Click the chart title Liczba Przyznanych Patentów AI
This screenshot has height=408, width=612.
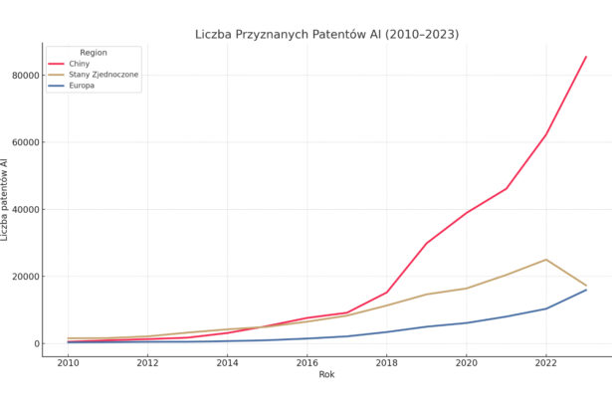pos(326,35)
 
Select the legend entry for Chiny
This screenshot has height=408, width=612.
pos(79,64)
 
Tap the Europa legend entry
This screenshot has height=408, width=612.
pos(83,86)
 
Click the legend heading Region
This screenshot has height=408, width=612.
pos(94,52)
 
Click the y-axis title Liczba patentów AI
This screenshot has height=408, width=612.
pos(5,199)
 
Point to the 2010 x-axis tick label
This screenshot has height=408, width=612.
pos(68,363)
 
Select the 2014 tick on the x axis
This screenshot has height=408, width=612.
pos(227,363)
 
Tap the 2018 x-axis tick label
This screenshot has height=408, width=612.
pos(386,363)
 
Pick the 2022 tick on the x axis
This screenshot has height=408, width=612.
pos(545,363)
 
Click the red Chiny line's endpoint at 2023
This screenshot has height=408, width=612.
pos(586,57)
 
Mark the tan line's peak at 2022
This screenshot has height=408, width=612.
pos(545,260)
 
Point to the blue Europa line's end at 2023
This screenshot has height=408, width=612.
pos(586,290)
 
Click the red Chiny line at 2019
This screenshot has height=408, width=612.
pos(426,243)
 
